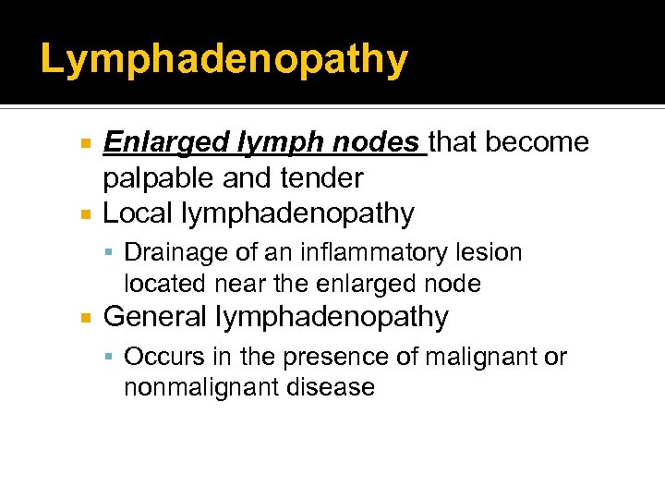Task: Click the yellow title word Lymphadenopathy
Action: point(224,60)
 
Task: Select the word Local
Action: point(138,213)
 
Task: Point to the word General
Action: point(155,317)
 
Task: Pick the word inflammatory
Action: point(358,252)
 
